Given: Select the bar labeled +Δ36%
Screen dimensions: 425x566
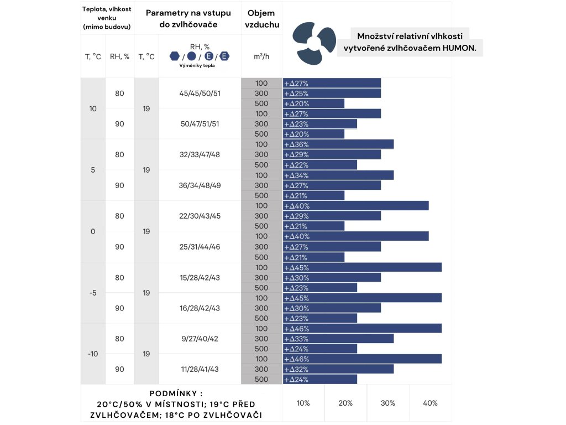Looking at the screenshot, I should [338, 144].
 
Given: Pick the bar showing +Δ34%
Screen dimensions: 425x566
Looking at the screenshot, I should [338, 175].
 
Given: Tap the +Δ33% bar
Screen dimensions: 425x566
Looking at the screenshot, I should [338, 339].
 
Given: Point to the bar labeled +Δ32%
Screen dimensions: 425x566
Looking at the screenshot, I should [338, 369].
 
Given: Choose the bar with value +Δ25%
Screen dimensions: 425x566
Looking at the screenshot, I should [332, 94].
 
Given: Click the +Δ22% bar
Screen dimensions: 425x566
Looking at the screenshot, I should [320, 165].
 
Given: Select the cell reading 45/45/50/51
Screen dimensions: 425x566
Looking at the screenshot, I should [200, 94].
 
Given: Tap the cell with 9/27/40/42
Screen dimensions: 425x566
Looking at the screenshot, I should [200, 339].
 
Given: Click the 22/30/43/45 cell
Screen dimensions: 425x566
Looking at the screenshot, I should [200, 216].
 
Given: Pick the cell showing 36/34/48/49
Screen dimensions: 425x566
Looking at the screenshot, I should [200, 185].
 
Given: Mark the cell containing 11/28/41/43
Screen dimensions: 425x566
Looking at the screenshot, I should [200, 369].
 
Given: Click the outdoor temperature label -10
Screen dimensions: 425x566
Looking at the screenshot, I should [93, 354].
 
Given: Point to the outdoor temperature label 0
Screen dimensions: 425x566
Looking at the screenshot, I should [93, 231].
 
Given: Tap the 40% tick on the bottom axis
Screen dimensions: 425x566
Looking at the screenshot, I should [430, 403].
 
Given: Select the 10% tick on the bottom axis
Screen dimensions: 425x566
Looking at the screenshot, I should [303, 403].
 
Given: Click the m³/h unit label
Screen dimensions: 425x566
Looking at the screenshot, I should [261, 56].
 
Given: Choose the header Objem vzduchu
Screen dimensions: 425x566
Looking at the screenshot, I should [262, 18].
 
